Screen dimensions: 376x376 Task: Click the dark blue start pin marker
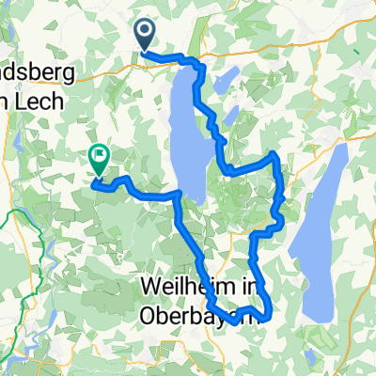[146, 35]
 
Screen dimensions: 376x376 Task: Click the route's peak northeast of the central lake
[273, 153]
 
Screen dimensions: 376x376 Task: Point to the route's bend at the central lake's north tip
[198, 66]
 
